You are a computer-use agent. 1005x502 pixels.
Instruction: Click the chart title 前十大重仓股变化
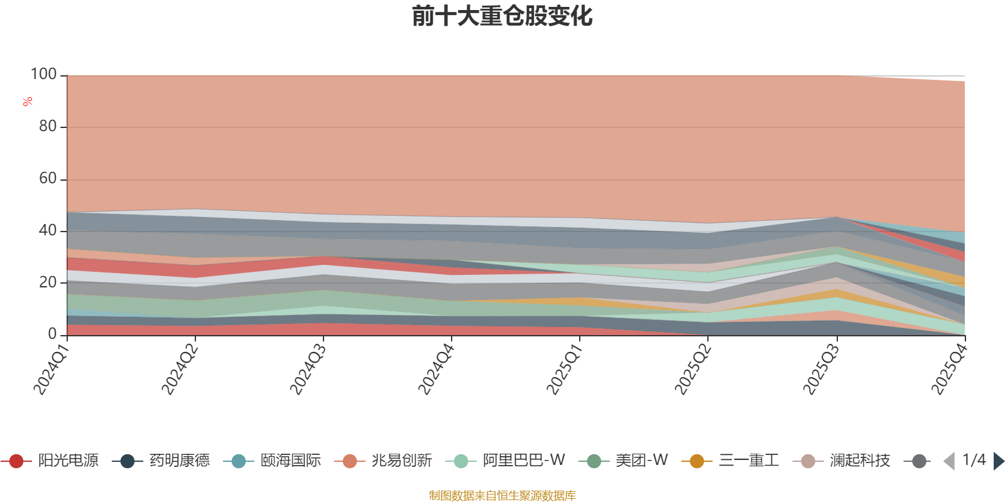[x=502, y=16]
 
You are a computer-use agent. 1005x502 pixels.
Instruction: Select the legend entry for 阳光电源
[x=50, y=461]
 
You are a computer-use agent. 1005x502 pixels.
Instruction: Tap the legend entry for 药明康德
[x=161, y=461]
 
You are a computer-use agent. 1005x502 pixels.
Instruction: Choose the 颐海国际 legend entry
[x=272, y=461]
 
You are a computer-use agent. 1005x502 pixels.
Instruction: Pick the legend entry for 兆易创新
[x=383, y=461]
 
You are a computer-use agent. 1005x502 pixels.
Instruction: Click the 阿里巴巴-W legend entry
[x=505, y=461]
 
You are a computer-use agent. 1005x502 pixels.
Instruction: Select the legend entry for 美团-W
[x=623, y=461]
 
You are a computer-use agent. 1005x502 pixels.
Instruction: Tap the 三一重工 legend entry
[x=730, y=461]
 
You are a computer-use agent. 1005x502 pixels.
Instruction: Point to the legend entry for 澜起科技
[x=841, y=461]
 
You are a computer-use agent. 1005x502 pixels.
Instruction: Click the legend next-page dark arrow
[x=999, y=461]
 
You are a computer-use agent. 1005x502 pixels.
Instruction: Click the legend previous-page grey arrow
[x=949, y=461]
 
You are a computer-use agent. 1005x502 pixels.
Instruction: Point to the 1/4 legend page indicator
[x=974, y=460]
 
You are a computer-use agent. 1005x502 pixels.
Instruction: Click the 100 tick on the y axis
[x=43, y=75]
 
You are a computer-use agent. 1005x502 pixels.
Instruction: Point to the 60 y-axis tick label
[x=48, y=179]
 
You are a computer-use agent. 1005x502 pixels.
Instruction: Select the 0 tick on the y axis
[x=53, y=334]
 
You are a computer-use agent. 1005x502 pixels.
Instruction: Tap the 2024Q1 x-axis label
[x=52, y=369]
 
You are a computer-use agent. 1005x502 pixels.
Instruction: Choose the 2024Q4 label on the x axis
[x=437, y=369]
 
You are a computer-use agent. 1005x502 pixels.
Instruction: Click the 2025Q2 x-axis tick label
[x=693, y=369]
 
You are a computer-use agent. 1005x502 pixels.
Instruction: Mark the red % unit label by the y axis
[x=28, y=102]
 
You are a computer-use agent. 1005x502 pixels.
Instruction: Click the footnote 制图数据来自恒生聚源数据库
[x=502, y=495]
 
